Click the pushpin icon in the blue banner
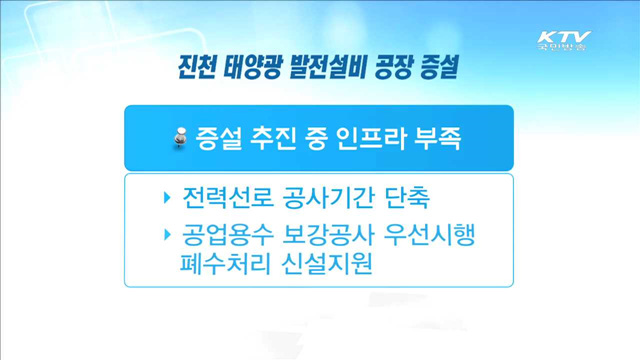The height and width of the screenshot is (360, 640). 180,139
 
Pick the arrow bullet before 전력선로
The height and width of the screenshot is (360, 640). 167,196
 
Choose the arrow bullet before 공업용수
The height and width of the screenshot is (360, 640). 167,236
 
